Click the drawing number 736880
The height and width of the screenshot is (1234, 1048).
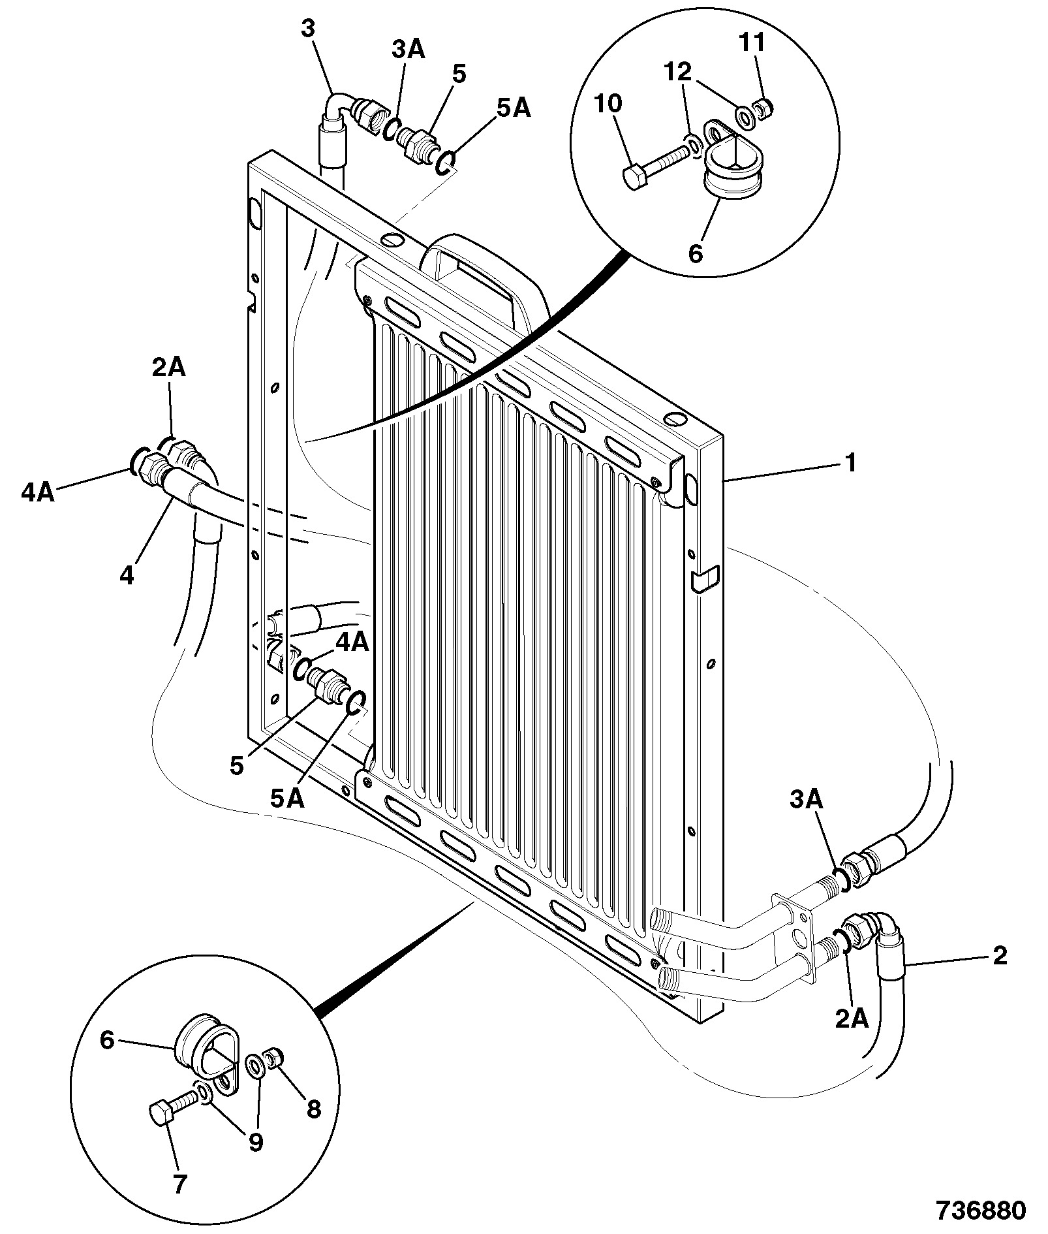pos(981,1210)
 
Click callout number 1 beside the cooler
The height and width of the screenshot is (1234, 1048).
pos(850,463)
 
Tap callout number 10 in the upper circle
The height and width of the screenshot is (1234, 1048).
pos(608,103)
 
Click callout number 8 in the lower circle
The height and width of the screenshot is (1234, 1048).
pos(314,1108)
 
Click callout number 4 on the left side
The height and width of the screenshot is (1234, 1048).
pos(127,575)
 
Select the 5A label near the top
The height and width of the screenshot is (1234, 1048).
pos(514,108)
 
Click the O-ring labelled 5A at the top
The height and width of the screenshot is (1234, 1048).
pos(446,161)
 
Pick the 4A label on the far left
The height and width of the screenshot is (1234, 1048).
pos(38,493)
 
